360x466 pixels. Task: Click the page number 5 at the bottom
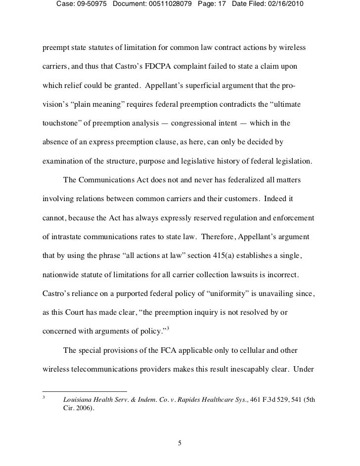click(180, 442)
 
